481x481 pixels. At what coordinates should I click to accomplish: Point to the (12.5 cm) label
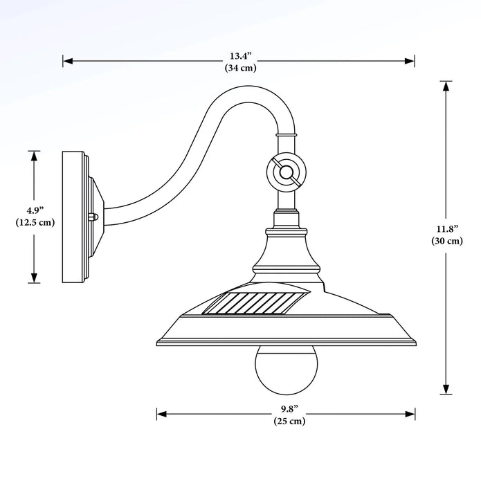coord(34,222)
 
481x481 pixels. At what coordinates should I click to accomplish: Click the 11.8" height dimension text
coord(446,229)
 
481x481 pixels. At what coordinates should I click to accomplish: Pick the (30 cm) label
coord(446,241)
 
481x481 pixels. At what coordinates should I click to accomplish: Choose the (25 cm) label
coord(288,420)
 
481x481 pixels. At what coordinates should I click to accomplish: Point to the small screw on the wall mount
coord(96,216)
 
